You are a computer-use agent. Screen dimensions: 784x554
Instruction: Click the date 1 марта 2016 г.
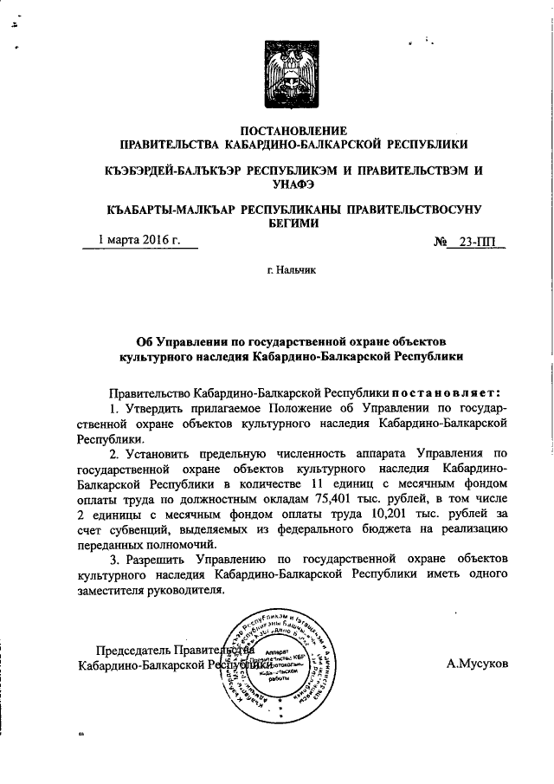pos(139,240)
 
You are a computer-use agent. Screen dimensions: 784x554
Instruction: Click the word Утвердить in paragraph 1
pos(155,407)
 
